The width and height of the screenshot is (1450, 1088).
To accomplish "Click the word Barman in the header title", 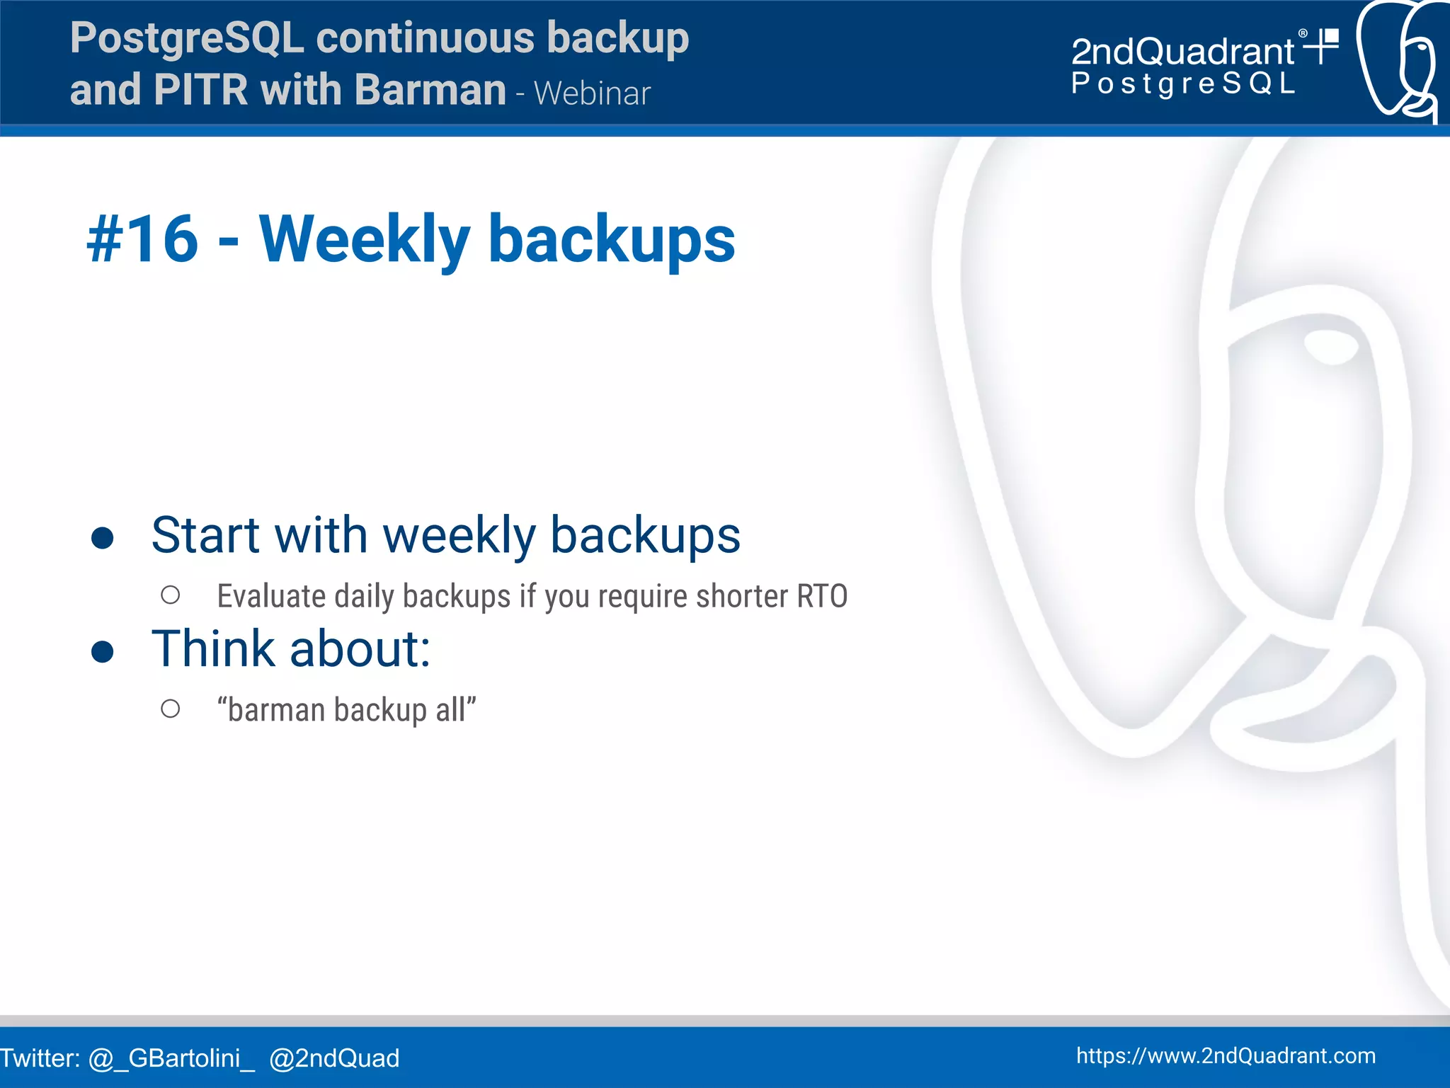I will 430,90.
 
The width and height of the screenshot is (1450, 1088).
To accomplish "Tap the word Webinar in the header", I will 592,93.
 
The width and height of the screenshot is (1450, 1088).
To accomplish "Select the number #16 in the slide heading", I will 142,239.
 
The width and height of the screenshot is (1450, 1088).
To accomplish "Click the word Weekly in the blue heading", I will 364,239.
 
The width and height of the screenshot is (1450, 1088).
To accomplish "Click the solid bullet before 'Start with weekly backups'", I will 103,538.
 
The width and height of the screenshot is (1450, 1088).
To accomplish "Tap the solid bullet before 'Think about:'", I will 103,652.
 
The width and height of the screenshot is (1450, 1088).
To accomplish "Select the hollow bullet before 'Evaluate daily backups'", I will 170,595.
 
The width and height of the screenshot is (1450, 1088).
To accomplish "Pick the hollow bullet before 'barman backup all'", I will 170,709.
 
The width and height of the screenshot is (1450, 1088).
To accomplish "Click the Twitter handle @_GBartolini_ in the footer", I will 171,1058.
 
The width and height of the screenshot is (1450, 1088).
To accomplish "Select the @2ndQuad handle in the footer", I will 334,1058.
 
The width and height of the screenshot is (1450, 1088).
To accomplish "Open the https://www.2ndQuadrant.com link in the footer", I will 1226,1055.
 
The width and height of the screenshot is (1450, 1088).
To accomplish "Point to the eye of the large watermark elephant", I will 1330,346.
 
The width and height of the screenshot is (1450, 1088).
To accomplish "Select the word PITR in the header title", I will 200,90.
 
